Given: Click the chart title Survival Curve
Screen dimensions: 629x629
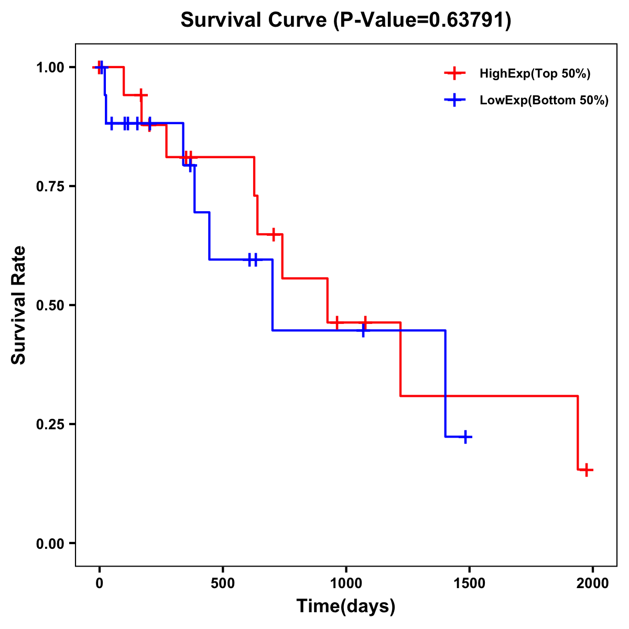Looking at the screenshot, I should [x=254, y=20].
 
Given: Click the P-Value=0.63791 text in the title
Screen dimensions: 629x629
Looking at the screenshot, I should [x=424, y=20].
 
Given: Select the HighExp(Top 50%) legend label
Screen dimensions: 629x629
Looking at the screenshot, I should [x=535, y=74].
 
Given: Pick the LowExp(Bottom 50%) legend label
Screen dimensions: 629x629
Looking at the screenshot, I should [x=544, y=101].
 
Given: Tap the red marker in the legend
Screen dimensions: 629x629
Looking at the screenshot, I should [x=454, y=73].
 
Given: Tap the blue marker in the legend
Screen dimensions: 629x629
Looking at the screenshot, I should [x=454, y=100].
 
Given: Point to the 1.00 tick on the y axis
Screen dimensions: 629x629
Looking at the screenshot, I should [x=50, y=67].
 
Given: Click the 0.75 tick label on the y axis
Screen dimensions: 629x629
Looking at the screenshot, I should [x=50, y=186].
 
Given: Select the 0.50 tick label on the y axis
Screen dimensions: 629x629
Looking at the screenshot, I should [x=50, y=305].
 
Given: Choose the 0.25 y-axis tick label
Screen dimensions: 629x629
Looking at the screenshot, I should [x=50, y=424].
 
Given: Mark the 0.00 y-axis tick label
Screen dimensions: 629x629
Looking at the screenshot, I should [x=50, y=543].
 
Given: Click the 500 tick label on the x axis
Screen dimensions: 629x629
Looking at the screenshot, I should [x=223, y=583].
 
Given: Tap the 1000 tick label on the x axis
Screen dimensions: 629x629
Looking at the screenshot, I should [x=346, y=583].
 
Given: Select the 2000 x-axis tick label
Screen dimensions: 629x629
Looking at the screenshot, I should [x=593, y=583].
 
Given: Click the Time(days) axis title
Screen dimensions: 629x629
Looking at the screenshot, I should [x=346, y=606].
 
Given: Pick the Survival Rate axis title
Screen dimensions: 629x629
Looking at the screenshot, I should [x=19, y=305].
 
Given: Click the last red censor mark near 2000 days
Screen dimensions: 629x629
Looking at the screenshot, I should [x=587, y=470].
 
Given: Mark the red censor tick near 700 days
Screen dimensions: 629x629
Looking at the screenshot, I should [x=273, y=234].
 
